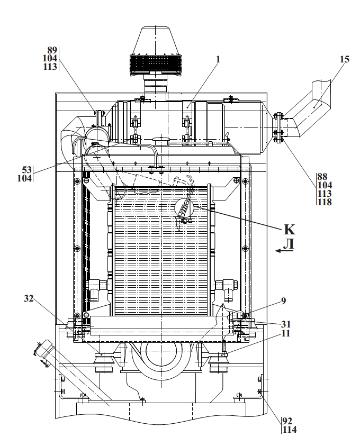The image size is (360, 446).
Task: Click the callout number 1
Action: click(x=218, y=59)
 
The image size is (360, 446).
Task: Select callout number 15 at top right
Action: click(x=344, y=59)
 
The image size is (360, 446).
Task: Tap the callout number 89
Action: click(x=52, y=50)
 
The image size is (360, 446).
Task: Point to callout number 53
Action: click(x=27, y=170)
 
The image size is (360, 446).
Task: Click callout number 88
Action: click(x=322, y=177)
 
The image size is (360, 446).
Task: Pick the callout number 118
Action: click(x=325, y=202)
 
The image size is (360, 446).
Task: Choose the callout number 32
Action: click(x=29, y=298)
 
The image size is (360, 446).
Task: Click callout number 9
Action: click(x=283, y=301)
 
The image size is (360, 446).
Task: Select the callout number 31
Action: click(x=285, y=324)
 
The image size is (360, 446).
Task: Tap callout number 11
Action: click(x=285, y=333)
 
